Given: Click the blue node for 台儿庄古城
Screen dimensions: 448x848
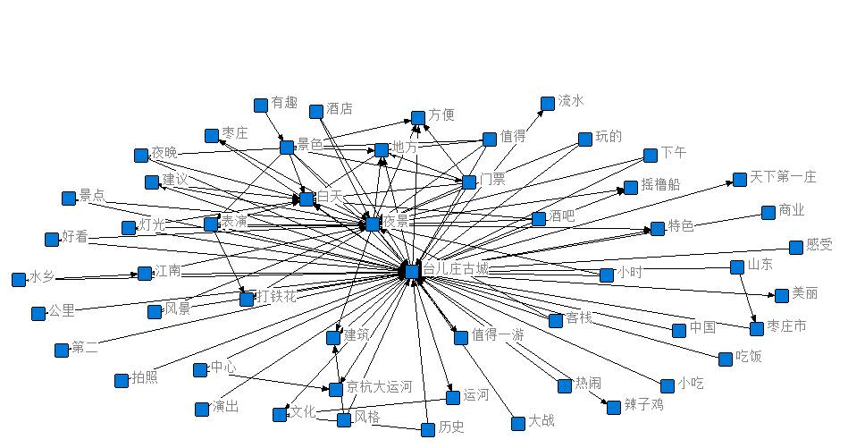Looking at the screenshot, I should coord(411,270).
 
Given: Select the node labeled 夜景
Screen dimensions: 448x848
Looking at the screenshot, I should coord(373,224).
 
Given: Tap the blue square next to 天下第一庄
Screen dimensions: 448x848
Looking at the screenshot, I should coord(740,180).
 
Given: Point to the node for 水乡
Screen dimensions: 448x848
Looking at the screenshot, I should coord(19,280).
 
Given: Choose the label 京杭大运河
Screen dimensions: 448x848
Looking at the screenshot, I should coord(379,387).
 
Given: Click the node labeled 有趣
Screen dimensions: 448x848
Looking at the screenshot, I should coord(261,105).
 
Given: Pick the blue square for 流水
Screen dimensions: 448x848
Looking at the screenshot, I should coord(548,104).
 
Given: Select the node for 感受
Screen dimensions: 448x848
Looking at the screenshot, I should coord(796,248).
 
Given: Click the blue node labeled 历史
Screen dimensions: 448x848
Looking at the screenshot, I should coord(428,429).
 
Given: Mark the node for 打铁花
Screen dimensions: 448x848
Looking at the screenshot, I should coord(247,299).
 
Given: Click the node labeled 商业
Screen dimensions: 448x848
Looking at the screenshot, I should coord(768,213).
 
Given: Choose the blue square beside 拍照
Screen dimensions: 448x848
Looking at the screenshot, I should coord(122,380).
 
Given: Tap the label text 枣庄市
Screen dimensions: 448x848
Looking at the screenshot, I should coord(786,326).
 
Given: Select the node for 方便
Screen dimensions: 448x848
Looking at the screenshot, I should coord(418,117).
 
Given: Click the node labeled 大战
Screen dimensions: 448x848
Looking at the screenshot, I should coord(518,423).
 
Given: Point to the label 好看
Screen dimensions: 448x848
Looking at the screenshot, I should coord(76,238).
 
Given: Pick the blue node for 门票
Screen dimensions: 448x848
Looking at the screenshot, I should coord(469,182).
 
